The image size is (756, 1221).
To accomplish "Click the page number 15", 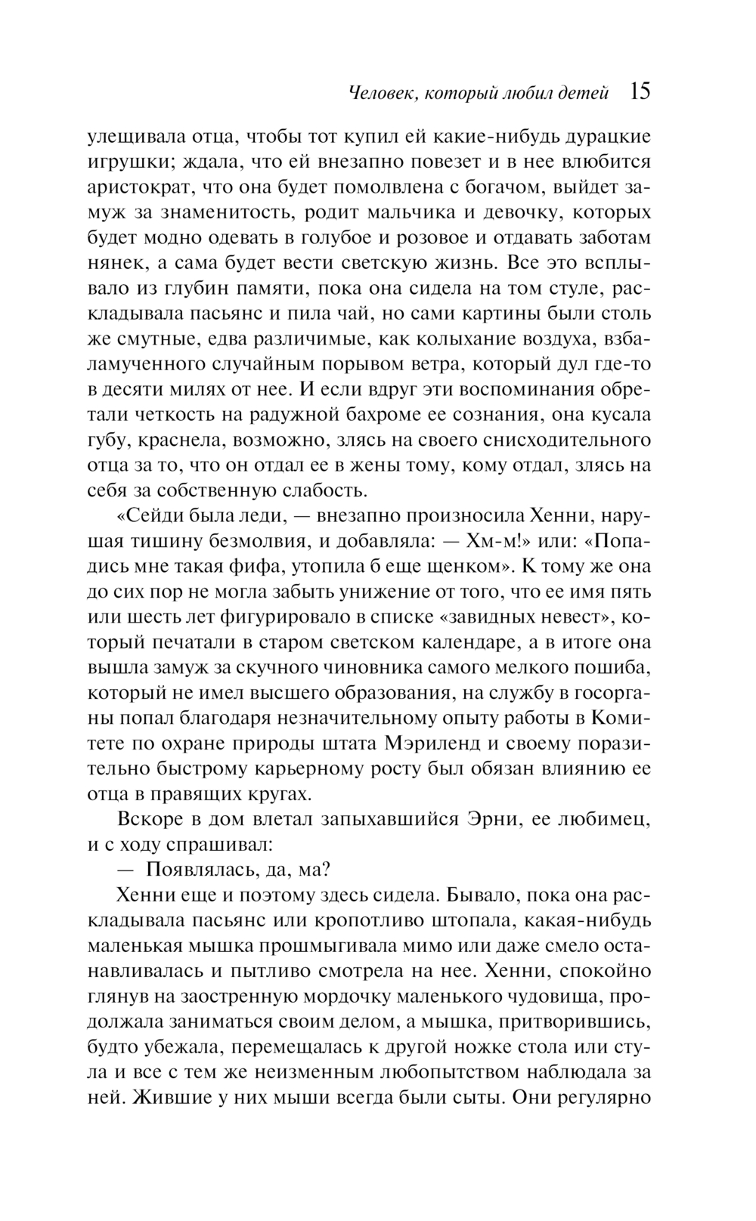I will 639,91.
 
